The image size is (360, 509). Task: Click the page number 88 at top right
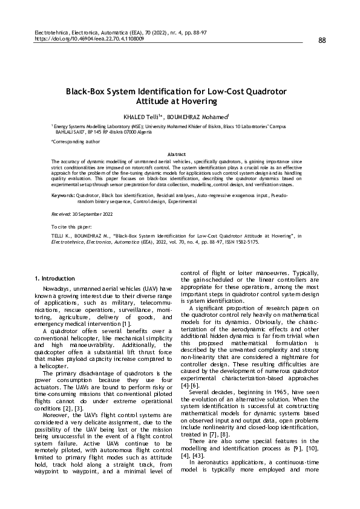point(321,41)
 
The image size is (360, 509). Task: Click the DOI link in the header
point(90,37)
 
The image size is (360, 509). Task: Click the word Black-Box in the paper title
point(91,92)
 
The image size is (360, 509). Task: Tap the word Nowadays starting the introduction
point(58,288)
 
